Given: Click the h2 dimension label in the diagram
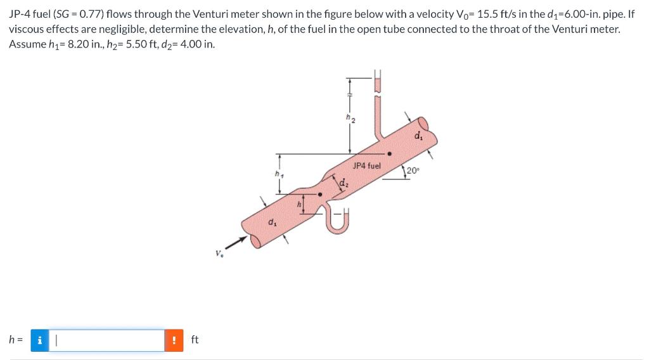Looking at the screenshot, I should (x=349, y=118).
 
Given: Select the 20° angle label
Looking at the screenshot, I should (x=413, y=170).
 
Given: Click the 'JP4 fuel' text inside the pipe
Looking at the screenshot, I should (x=366, y=165).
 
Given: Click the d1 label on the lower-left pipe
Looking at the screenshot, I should (x=272, y=222).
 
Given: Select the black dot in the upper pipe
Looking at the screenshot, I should (x=390, y=153).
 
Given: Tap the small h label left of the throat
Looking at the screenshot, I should (x=299, y=204).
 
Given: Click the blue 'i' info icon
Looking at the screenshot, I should (x=40, y=340).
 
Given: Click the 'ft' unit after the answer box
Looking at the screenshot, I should (x=195, y=340).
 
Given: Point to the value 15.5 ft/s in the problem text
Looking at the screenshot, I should (x=497, y=15).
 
